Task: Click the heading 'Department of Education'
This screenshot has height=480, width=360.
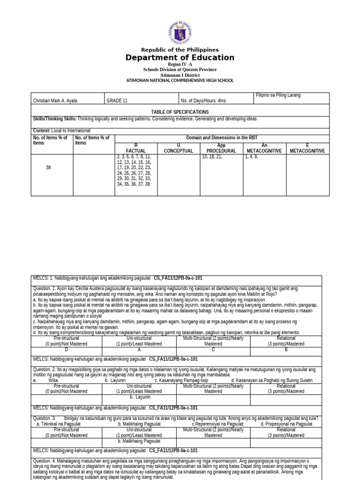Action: [x=180, y=58]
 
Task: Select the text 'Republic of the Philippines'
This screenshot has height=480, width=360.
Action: [x=180, y=50]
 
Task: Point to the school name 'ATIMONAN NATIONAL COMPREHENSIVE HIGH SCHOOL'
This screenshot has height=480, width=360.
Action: [x=180, y=81]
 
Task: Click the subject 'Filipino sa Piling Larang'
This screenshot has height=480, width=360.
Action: [x=278, y=95]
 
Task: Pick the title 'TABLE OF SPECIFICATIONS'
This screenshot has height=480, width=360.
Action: [x=180, y=112]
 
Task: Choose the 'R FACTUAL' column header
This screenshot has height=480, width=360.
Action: [x=136, y=148]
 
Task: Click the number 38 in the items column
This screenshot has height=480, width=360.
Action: [x=49, y=167]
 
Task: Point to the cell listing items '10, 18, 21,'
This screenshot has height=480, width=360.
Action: [x=212, y=157]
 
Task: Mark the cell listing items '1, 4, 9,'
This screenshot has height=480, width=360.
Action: [x=252, y=157]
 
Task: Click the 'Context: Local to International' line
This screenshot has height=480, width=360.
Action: [x=62, y=130]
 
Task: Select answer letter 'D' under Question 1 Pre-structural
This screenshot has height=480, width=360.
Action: [x=66, y=350]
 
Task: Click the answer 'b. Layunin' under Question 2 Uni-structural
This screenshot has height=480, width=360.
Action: [x=140, y=397]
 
